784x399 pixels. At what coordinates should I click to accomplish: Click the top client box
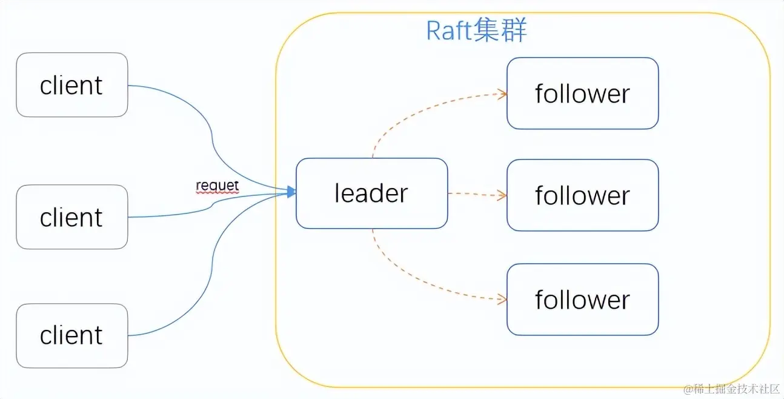coord(71,85)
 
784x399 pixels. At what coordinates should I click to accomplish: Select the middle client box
coord(71,217)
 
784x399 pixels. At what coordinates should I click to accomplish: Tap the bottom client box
coord(71,335)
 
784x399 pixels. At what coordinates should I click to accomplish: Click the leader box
coord(371,193)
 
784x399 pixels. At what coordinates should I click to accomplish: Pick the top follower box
coord(582,93)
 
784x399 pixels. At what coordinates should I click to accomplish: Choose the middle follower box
coord(582,195)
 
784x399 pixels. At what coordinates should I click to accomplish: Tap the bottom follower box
coord(582,300)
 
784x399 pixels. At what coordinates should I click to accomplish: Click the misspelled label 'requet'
coord(217,186)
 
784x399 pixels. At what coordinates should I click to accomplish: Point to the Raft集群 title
coord(476,30)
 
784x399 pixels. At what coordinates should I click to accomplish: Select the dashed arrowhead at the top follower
coord(502,94)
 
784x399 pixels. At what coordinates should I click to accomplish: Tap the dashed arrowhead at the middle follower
coord(502,195)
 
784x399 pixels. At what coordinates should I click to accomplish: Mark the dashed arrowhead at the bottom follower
coord(502,299)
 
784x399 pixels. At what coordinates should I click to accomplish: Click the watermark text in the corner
coord(731,389)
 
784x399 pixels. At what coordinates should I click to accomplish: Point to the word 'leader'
coord(371,193)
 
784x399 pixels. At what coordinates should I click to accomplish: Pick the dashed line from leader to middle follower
coord(477,194)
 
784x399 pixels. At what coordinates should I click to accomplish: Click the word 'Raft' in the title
coord(449,31)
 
